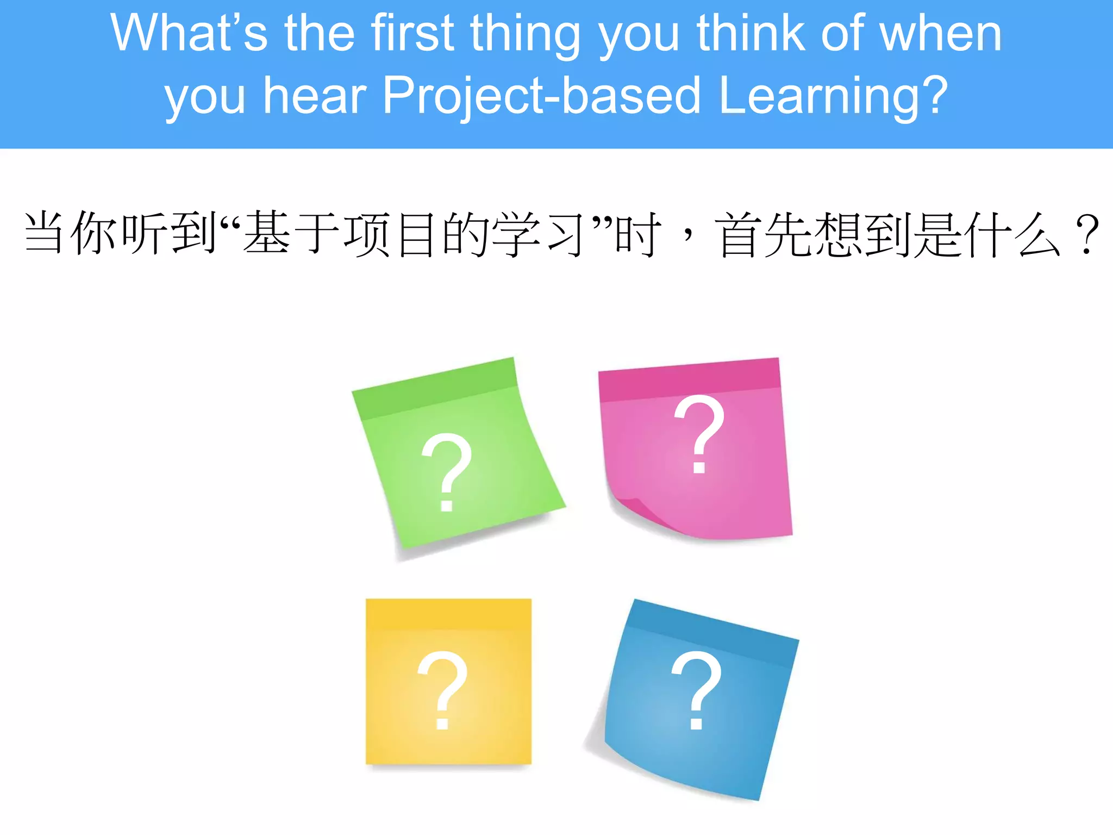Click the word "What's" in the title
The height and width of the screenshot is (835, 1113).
point(189,34)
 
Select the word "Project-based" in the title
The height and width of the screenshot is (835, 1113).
point(541,96)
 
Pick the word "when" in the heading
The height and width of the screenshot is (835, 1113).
point(940,34)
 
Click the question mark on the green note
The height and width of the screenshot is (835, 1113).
point(447,472)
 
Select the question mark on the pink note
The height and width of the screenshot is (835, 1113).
point(699,434)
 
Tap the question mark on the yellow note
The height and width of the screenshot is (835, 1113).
point(442,689)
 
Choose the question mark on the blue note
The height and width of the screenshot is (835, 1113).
point(697,689)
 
